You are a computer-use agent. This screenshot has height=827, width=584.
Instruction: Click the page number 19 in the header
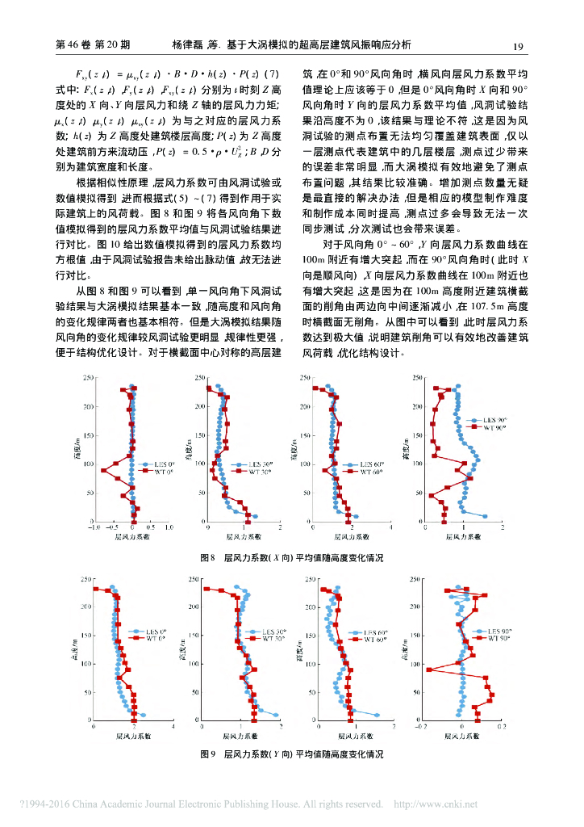[519, 45]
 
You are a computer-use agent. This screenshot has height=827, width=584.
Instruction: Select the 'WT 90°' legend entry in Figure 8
[493, 427]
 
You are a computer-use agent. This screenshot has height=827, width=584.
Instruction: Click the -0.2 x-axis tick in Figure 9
[418, 726]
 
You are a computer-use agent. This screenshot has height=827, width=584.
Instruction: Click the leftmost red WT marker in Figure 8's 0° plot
[102, 470]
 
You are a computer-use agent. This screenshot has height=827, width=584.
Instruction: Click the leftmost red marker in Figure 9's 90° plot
[429, 670]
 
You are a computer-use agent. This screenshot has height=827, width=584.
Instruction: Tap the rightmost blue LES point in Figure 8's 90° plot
[485, 515]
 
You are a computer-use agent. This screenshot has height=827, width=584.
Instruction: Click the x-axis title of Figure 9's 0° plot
[132, 737]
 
